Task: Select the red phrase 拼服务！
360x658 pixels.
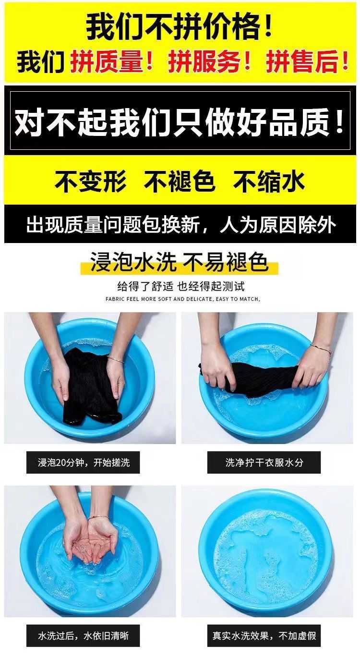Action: click(x=210, y=61)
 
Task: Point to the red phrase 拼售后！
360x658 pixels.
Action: click(x=307, y=61)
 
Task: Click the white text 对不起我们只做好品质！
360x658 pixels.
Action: click(x=180, y=122)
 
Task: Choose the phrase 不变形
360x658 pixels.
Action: click(x=90, y=181)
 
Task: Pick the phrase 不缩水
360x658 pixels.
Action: click(x=269, y=181)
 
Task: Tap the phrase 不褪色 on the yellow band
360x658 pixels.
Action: click(x=180, y=181)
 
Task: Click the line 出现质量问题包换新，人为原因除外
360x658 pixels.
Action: click(x=181, y=225)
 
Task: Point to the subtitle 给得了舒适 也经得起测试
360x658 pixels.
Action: click(x=181, y=286)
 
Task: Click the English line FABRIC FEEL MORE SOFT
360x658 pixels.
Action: click(x=182, y=299)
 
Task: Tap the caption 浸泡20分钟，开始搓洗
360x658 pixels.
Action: click(x=84, y=463)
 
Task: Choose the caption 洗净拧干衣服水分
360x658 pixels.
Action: click(x=264, y=463)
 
